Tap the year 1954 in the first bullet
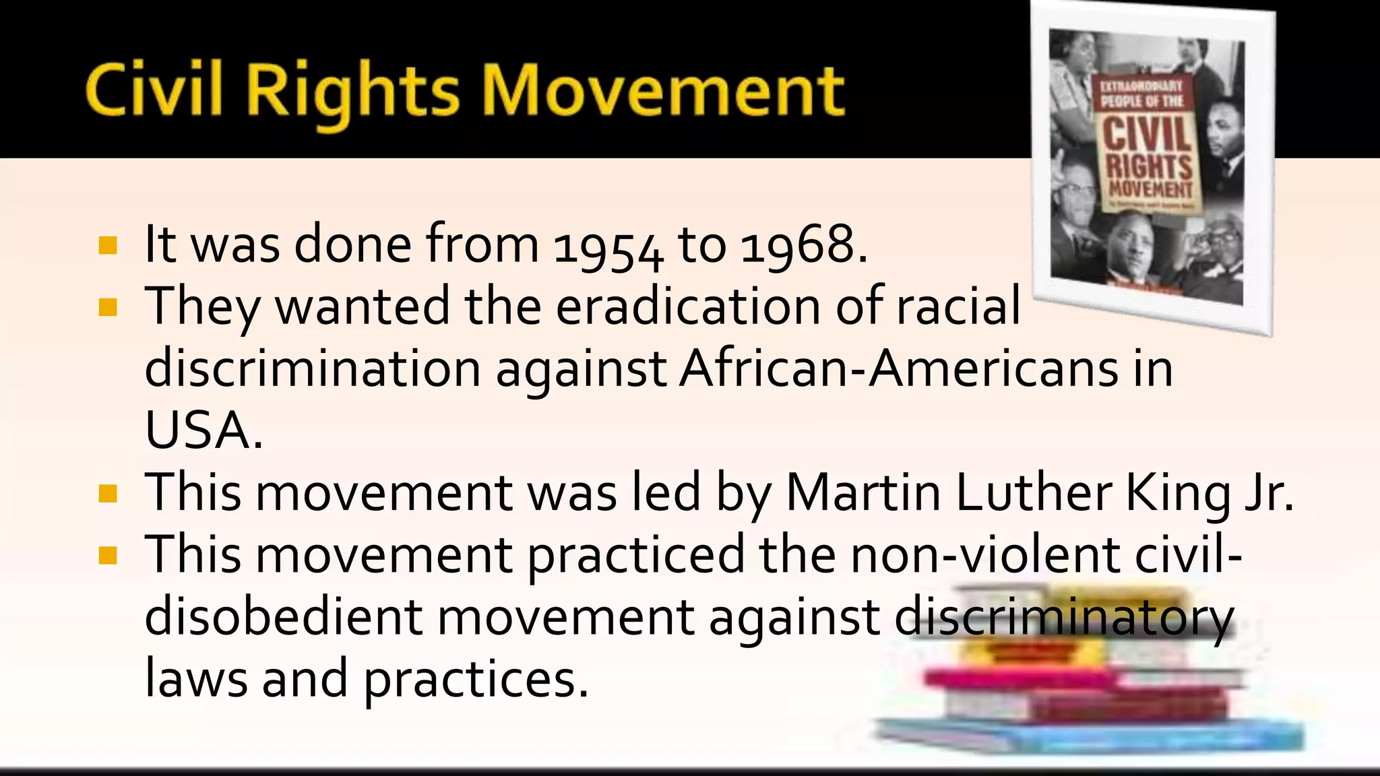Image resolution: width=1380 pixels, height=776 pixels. click(x=608, y=247)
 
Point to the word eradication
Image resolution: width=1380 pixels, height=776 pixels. click(x=688, y=306)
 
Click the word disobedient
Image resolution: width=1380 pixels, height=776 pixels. click(x=284, y=617)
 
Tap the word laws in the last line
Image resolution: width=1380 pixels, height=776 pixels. click(x=196, y=679)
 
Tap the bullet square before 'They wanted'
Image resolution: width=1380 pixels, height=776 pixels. click(x=108, y=307)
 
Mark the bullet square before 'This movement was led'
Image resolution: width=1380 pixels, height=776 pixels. click(x=108, y=494)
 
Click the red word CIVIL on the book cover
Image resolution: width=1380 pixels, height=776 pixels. click(x=1147, y=133)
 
